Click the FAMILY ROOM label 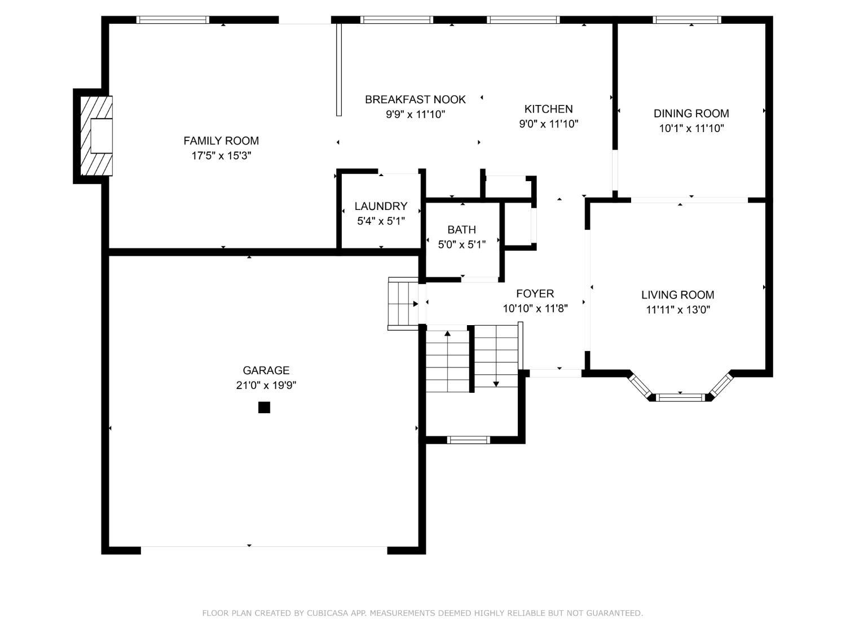[x=221, y=141]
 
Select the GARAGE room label [x=266, y=370]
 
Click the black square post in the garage [x=264, y=408]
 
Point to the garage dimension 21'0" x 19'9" [x=266, y=386]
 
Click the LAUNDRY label [x=381, y=206]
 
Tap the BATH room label [x=461, y=229]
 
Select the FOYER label [x=535, y=294]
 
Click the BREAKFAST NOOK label [x=415, y=99]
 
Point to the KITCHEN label [x=548, y=109]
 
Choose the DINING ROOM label [x=691, y=113]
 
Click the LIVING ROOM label [x=677, y=295]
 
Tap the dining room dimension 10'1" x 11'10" [x=691, y=128]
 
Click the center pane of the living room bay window [x=681, y=397]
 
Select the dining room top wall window [x=687, y=20]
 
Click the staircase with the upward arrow [x=447, y=361]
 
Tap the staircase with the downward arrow [x=496, y=356]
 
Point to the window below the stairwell [x=468, y=440]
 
